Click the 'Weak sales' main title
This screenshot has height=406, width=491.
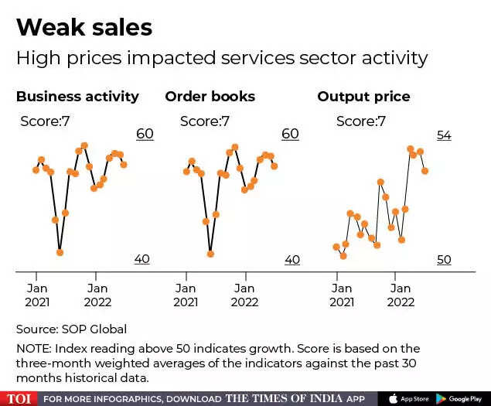[84, 28]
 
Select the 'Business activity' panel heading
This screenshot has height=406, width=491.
[77, 97]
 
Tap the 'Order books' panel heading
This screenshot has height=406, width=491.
[210, 97]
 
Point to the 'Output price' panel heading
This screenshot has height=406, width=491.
[363, 97]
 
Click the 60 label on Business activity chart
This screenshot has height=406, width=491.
[145, 134]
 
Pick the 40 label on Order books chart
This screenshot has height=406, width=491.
[292, 260]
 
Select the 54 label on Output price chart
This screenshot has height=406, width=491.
[444, 135]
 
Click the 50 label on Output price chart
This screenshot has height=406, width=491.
[444, 260]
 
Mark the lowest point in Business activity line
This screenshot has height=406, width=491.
[60, 252]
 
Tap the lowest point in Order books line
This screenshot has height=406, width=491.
[210, 252]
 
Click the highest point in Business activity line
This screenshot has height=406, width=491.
[84, 145]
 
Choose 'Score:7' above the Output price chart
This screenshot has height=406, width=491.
[362, 121]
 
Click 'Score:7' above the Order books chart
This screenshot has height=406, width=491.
[205, 121]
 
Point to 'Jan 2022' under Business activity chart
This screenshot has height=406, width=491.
[97, 295]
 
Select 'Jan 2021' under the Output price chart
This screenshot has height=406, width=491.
[342, 295]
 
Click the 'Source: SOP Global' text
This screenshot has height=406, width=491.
[71, 329]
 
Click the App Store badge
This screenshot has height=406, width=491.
[410, 398]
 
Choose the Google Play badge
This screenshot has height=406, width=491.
[459, 398]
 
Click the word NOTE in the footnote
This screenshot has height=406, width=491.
[32, 349]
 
